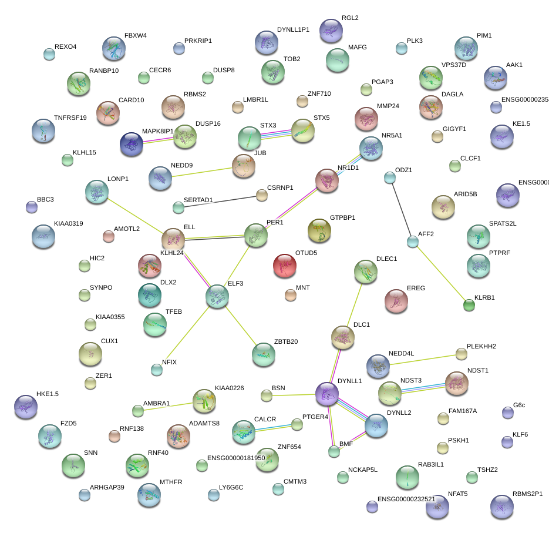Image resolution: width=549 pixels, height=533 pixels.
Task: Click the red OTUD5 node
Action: click(x=285, y=266)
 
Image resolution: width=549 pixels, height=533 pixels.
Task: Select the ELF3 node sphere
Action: click(x=217, y=296)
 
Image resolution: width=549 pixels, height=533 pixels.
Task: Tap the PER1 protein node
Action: click(x=256, y=235)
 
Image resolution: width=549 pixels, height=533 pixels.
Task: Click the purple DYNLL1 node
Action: click(x=327, y=394)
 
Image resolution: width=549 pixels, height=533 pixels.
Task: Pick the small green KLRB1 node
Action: click(x=469, y=304)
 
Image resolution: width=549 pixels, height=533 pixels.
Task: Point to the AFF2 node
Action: click(x=413, y=241)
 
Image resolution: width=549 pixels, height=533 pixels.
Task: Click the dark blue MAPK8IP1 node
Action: click(x=132, y=144)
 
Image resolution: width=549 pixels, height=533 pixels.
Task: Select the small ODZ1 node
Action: click(x=389, y=177)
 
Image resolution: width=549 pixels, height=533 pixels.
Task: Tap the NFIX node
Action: click(x=156, y=369)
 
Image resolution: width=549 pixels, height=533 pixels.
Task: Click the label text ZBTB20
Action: click(x=286, y=341)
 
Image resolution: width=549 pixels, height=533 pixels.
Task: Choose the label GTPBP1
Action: click(x=342, y=218)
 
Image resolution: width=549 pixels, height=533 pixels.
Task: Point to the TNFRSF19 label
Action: click(x=70, y=118)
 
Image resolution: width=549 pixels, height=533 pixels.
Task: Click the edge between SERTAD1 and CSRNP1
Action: click(x=220, y=201)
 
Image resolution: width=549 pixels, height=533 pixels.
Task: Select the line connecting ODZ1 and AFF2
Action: click(x=401, y=209)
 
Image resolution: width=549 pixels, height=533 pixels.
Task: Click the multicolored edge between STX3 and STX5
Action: click(x=276, y=135)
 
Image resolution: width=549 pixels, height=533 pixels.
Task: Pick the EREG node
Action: click(x=396, y=300)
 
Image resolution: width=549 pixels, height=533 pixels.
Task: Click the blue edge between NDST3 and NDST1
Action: click(x=423, y=388)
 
